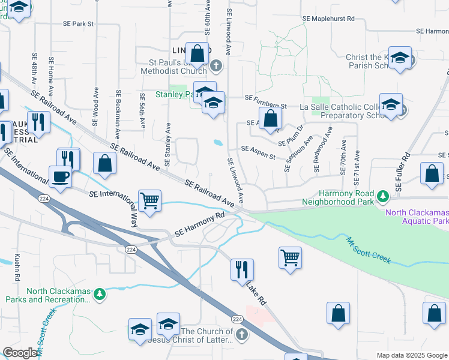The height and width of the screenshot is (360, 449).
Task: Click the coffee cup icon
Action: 60,177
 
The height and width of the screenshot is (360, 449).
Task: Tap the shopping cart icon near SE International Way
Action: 149,200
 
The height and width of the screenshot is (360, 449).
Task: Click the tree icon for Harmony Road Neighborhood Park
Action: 381,196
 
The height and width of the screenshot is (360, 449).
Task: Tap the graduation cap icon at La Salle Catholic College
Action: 391,104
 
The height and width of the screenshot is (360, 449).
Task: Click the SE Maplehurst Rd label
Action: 328,19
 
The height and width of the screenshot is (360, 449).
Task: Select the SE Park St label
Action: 79,24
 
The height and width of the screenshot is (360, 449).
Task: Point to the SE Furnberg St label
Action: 266,97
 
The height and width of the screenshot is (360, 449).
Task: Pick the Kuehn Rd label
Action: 17,266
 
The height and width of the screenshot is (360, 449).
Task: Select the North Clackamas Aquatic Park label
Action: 417,217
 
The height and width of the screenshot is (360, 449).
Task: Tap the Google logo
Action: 20,353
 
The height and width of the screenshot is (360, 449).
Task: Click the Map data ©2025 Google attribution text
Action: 411,355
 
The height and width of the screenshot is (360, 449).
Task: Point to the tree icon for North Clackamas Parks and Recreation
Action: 100,294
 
